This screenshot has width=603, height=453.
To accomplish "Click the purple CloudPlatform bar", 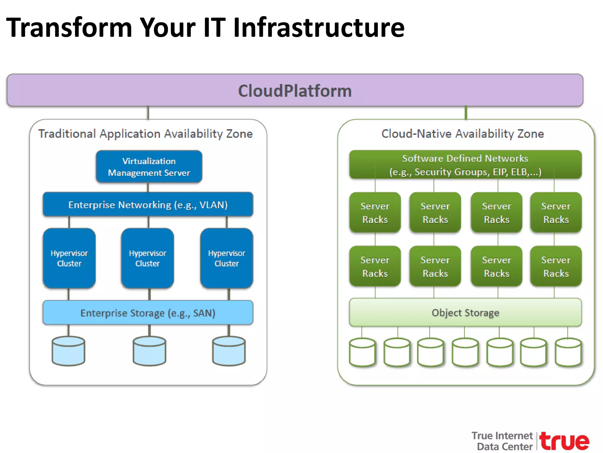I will pos(295,90).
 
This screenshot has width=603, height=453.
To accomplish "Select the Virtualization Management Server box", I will pos(149,167).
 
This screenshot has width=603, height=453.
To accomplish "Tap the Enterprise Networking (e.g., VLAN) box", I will pos(148,204).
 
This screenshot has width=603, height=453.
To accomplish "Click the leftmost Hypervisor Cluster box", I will pos(69,258).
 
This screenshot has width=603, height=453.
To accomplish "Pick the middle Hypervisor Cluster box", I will pos(148,258).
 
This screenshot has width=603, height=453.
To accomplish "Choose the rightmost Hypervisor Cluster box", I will pos(226,258).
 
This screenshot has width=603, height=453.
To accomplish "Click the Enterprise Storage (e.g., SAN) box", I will pos(148,313).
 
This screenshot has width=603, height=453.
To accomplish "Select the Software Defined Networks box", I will pos(465,165).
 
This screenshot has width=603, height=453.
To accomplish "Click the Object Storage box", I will pos(465,312).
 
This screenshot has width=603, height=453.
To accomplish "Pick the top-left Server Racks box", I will pos(375,212).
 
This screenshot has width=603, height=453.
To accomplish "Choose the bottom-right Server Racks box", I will pos(556,266).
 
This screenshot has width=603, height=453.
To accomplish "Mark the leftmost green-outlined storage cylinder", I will pos(362,352).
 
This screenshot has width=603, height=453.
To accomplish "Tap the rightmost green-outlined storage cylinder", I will pos(568,352).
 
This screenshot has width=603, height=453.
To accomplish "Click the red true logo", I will pos(564,441).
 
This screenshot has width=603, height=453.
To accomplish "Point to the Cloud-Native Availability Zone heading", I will pos(462,134).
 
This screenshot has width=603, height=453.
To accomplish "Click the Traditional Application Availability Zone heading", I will pos(145,134).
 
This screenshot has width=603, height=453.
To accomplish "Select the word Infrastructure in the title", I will pos(319,27).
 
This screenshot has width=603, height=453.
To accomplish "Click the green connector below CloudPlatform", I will pos(466,113).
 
